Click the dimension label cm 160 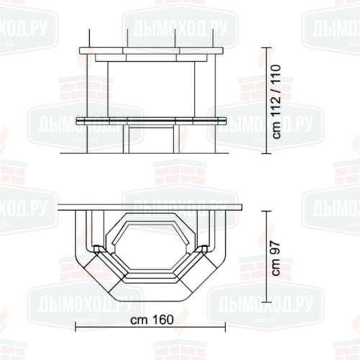click(x=152, y=320)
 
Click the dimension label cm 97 click(x=276, y=258)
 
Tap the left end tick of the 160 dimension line click(x=76, y=326)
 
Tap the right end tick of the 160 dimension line click(x=225, y=326)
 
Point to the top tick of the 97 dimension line click(x=267, y=211)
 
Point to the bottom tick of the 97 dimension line click(x=267, y=302)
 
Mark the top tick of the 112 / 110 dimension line click(x=267, y=48)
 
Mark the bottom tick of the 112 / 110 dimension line click(x=267, y=153)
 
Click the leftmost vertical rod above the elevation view click(x=89, y=38)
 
